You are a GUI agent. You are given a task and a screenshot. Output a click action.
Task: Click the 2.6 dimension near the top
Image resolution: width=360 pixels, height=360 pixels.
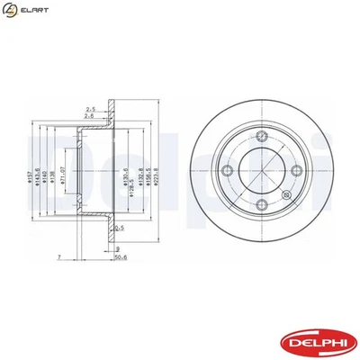[89, 115]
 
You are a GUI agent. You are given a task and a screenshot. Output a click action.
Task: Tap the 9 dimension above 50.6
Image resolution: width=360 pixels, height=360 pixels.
[118, 247]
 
